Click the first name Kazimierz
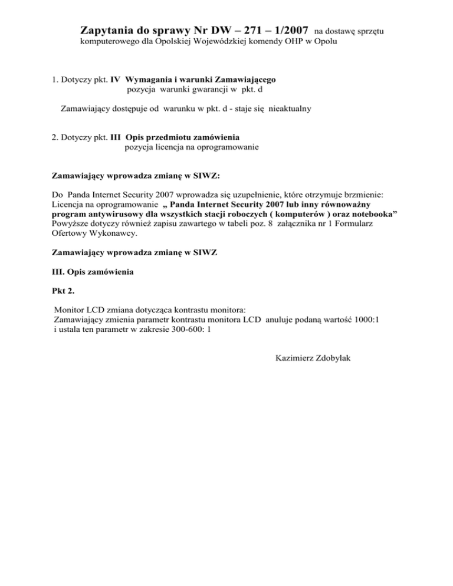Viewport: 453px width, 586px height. (294, 358)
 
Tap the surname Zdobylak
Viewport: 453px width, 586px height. (331, 358)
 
